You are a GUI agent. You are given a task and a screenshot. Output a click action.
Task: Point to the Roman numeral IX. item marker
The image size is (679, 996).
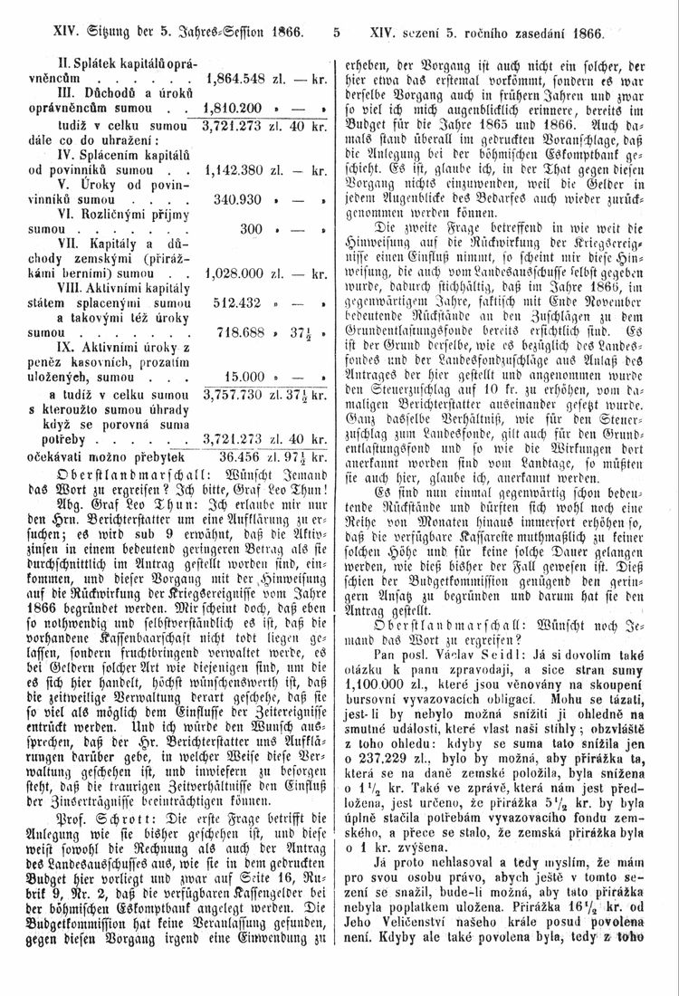coord(70,347)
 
